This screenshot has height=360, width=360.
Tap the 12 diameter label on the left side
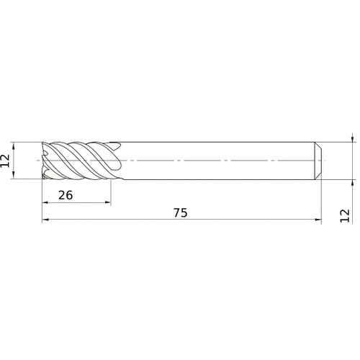6,160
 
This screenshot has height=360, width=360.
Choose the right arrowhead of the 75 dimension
317,222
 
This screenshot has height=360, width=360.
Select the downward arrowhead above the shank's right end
351,138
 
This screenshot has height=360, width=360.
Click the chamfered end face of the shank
318,160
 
